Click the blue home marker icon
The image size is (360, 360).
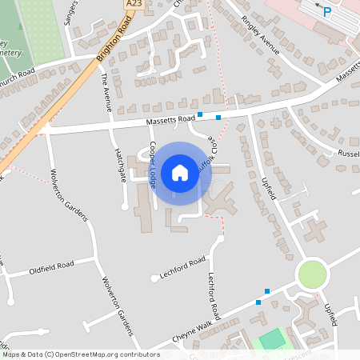point(180,173)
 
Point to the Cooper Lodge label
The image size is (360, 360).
point(153,165)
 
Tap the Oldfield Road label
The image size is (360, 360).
point(51,264)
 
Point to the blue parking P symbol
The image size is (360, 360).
point(326,12)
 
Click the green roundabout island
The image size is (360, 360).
point(313,275)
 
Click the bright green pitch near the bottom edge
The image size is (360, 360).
point(272,339)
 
